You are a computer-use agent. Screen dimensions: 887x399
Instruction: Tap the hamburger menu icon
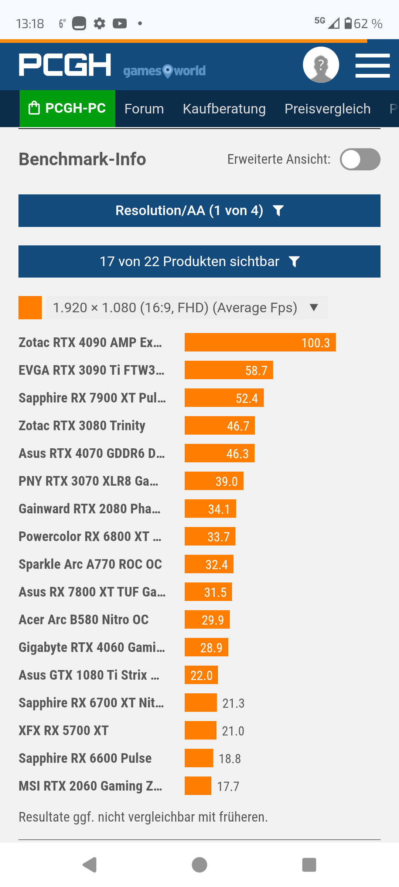(x=372, y=65)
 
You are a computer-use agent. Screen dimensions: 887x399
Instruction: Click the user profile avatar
(x=321, y=65)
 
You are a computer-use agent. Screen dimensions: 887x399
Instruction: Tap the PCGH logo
(x=65, y=65)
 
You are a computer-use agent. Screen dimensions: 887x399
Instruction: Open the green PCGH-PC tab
(x=67, y=108)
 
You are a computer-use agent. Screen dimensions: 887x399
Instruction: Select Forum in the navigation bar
(x=144, y=109)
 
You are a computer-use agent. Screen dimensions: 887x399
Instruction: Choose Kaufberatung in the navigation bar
(x=224, y=109)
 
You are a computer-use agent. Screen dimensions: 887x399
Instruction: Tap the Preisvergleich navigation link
(x=327, y=109)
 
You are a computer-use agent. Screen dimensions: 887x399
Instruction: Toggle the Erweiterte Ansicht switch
(x=360, y=159)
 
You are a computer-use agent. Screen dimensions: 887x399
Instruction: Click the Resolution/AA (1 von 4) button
(x=199, y=211)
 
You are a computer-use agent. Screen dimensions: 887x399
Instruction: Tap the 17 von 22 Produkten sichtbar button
(x=199, y=262)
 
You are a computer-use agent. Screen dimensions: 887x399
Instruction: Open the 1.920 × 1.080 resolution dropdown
(x=187, y=307)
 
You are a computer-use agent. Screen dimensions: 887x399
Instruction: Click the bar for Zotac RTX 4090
(x=260, y=343)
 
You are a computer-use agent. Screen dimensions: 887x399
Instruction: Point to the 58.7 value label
(x=256, y=370)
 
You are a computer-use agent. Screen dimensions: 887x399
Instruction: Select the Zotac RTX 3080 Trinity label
(x=82, y=426)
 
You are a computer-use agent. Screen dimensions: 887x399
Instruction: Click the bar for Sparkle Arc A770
(x=209, y=564)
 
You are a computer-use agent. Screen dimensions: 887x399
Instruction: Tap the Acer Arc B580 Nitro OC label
(x=84, y=620)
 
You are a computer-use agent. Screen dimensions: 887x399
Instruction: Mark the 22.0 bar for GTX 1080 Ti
(x=201, y=675)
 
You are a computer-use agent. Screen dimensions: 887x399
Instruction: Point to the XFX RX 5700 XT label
(x=64, y=731)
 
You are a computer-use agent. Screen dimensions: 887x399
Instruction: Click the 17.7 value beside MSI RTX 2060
(x=228, y=786)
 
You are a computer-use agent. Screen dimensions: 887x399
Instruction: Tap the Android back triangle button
(x=90, y=865)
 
